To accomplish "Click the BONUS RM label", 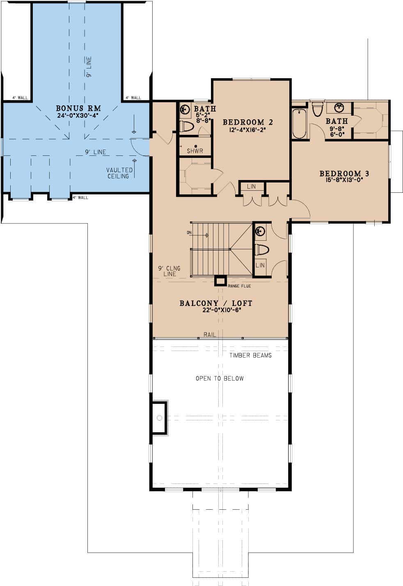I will tap(78, 108).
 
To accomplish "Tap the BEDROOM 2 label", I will tap(248, 122).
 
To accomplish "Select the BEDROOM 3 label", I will tap(341, 173).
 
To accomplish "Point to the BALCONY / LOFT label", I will tap(216, 303).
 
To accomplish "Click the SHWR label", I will tap(195, 151).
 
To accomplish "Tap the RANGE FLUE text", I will tap(239, 286).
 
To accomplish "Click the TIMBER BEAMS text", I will tap(250, 356).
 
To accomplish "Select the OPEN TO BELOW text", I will tap(220, 379).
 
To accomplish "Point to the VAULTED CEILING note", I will tap(119, 173).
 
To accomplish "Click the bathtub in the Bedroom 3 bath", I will tap(299, 123).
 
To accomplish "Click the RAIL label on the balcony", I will tap(210, 335).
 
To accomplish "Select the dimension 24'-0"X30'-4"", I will tap(78, 116).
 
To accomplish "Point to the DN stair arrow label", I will tap(189, 233).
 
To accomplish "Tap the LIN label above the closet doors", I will tap(252, 186).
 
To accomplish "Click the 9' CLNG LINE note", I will tap(169, 271).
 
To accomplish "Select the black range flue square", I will tap(220, 280).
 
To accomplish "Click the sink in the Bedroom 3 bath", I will tap(339, 108).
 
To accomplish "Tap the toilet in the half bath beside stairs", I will tap(261, 249).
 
